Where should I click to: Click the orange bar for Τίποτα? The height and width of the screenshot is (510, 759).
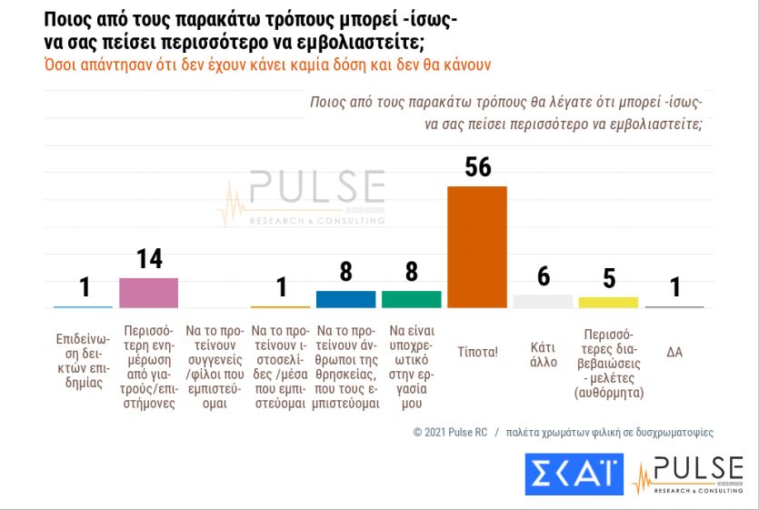point(477,246)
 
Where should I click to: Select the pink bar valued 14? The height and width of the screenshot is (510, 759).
point(148,293)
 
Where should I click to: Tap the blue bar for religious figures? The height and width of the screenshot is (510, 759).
point(345,299)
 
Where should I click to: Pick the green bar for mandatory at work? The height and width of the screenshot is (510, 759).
point(411,299)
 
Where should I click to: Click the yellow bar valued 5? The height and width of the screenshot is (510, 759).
point(608,302)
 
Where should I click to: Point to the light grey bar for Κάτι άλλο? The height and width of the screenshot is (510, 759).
point(543,301)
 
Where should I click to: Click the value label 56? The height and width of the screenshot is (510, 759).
point(477,166)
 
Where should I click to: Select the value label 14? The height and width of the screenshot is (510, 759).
point(149,259)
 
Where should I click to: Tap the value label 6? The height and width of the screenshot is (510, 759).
point(543,276)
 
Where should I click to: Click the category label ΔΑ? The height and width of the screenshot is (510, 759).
point(674,352)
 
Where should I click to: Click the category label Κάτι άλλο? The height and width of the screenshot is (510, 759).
point(543,355)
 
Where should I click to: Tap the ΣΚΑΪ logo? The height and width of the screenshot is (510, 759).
point(572,474)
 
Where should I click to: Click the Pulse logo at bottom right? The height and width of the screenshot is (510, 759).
point(688,475)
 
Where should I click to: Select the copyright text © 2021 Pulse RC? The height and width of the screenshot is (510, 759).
point(449,433)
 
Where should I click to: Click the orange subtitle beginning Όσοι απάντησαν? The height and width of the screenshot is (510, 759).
point(268,65)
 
